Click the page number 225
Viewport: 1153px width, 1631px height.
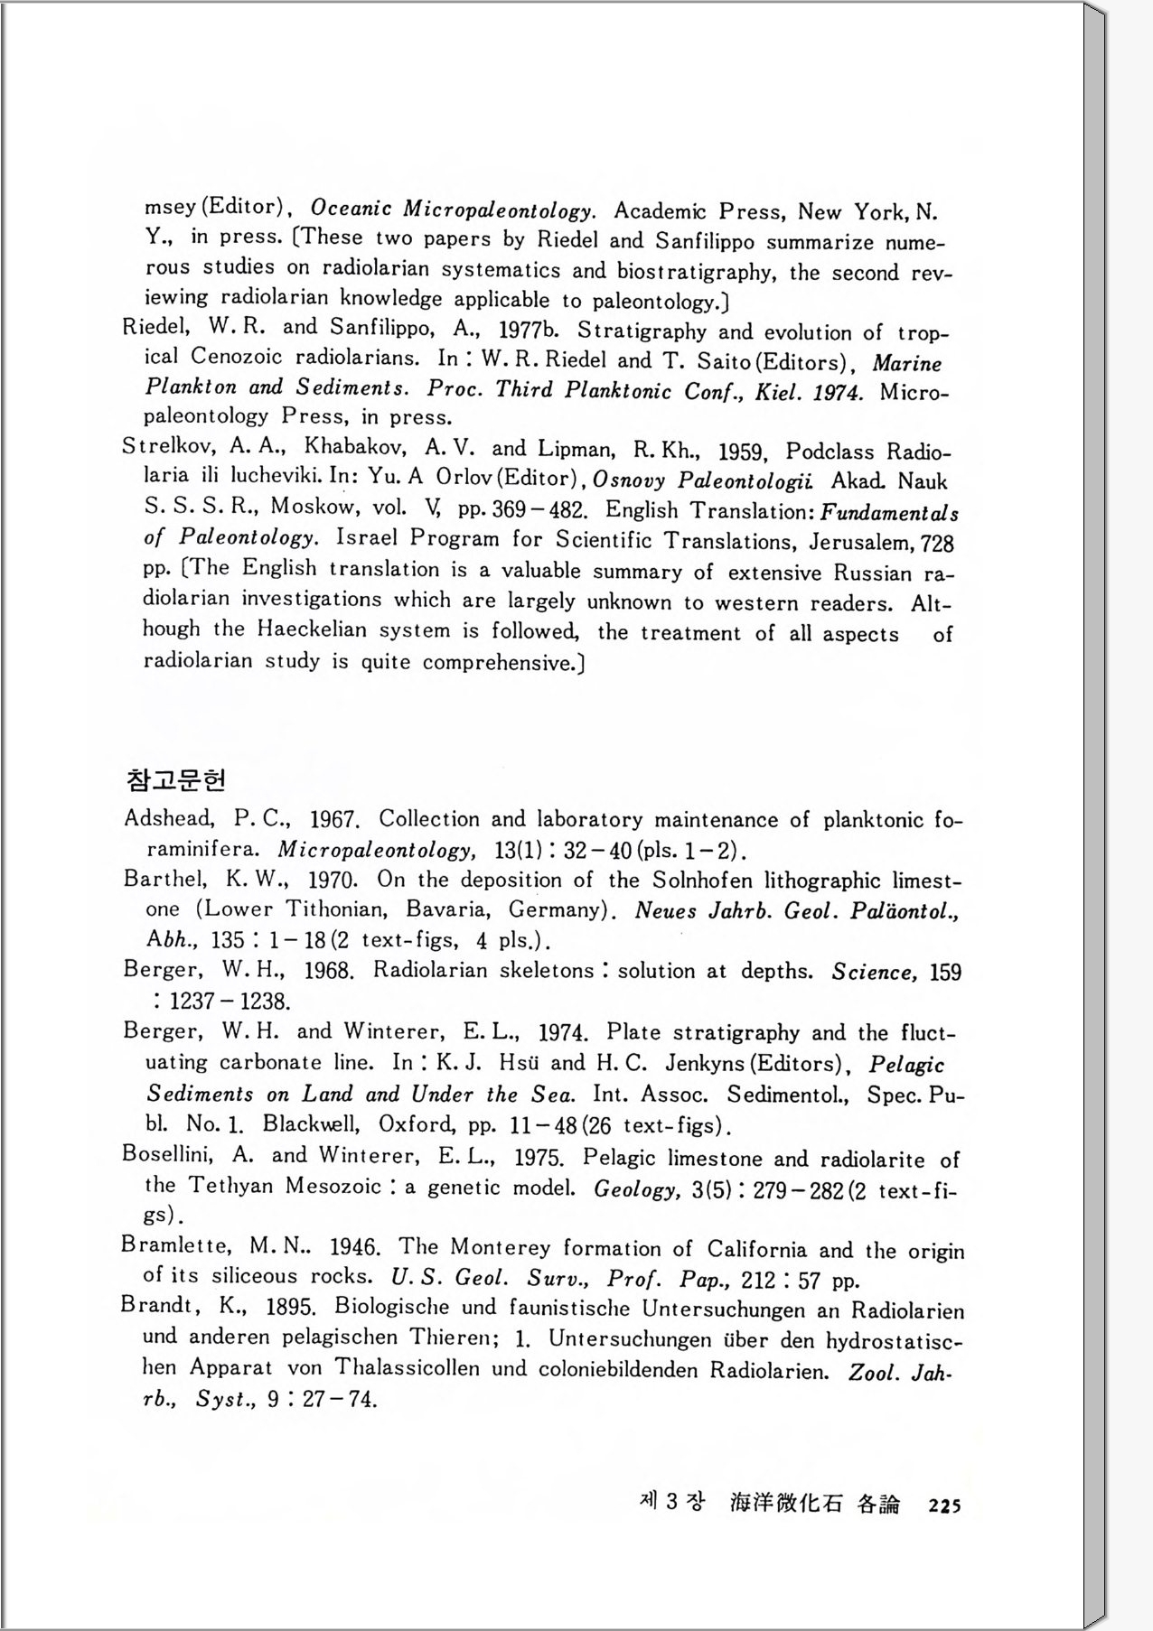tap(944, 1505)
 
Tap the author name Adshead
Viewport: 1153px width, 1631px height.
tap(169, 819)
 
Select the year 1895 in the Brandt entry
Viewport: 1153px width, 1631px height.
tap(290, 1307)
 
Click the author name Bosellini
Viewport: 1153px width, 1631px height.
tap(168, 1155)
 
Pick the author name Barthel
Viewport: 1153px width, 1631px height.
tap(165, 879)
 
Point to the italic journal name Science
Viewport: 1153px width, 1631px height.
tap(875, 972)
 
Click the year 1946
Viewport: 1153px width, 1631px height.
tap(354, 1248)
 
